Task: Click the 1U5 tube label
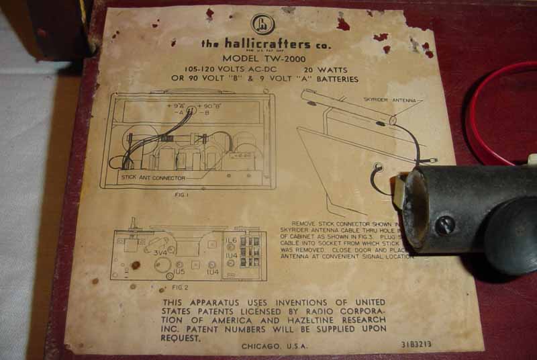point(180,273)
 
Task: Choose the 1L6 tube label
point(231,240)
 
